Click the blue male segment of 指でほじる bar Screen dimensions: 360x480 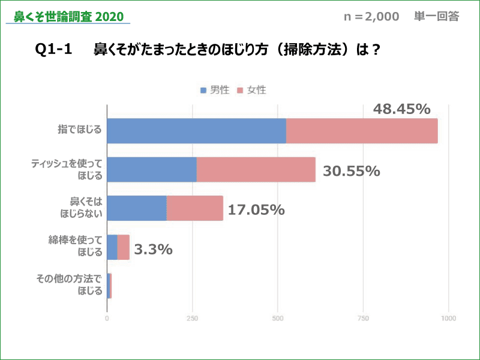coord(196,131)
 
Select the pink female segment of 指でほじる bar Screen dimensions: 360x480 coord(362,131)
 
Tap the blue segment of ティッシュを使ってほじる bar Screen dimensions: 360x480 coord(152,169)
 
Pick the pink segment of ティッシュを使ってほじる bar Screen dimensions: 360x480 coord(256,169)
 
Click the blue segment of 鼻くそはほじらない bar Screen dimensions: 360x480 coord(137,208)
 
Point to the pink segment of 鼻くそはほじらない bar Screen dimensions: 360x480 coord(195,208)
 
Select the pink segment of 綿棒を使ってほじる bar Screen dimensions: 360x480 coord(124,247)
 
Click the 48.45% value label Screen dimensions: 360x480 coord(402,109)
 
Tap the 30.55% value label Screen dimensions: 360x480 coord(352,171)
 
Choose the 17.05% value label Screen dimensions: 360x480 coord(256,210)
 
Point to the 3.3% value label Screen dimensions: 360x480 coord(153,249)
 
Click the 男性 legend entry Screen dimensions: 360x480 coord(215,90)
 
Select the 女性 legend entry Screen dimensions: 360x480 coord(252,90)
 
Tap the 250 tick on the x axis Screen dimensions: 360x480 coord(193,319)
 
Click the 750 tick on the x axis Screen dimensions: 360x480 coord(363,319)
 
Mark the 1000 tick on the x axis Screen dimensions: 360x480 coord(448,319)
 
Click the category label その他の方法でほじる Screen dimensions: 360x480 coord(70,285)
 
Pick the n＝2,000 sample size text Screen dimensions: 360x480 coord(371,17)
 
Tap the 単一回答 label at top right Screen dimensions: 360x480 coord(436,17)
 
